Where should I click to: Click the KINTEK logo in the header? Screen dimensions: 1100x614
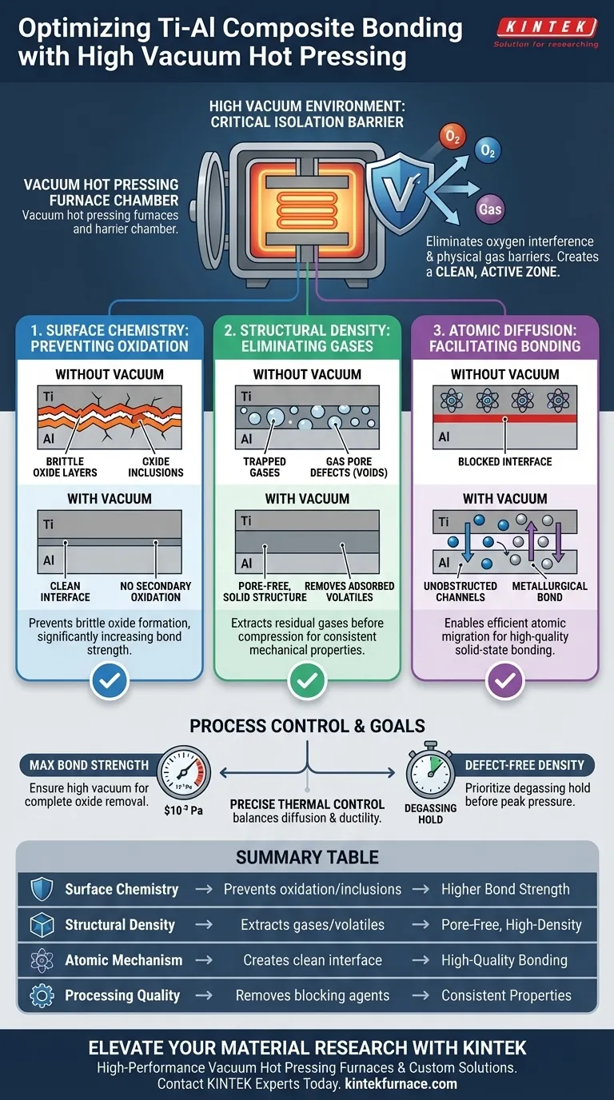click(x=546, y=28)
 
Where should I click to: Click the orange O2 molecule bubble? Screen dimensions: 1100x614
click(x=451, y=137)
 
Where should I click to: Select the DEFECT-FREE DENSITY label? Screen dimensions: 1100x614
click(x=524, y=765)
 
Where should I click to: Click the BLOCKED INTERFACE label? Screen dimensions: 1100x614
click(x=505, y=461)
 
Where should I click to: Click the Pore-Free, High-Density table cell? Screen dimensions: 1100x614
click(x=512, y=925)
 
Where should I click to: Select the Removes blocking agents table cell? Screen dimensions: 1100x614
click(x=313, y=995)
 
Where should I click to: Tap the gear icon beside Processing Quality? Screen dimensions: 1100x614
click(x=40, y=995)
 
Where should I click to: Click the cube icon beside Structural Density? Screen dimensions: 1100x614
click(x=40, y=925)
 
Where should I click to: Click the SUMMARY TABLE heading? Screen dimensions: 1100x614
click(x=307, y=858)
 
